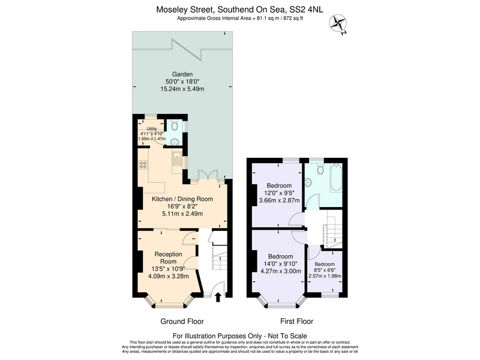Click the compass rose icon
(338, 24)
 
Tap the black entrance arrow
(218, 297)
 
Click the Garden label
(182, 74)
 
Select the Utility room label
(152, 129)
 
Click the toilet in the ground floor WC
(175, 125)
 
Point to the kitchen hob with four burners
(143, 164)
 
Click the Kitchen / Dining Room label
(182, 199)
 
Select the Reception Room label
(168, 258)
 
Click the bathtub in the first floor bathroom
(336, 178)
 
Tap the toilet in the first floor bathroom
(320, 169)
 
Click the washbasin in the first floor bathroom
(308, 183)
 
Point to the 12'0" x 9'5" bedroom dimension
(279, 193)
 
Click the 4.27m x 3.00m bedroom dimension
(281, 271)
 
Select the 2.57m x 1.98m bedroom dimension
(325, 276)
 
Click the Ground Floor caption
(182, 322)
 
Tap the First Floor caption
(297, 322)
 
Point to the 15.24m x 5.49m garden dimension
(182, 89)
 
